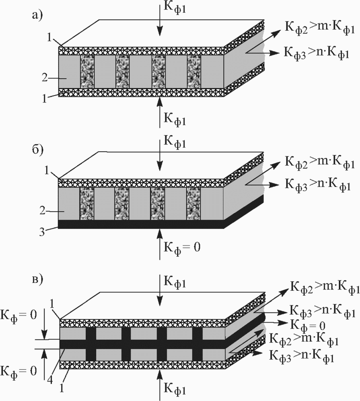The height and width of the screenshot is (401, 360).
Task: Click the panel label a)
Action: click(x=37, y=16)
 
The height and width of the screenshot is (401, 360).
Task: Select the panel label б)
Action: click(x=37, y=149)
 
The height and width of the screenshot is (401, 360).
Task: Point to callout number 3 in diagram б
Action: click(x=43, y=232)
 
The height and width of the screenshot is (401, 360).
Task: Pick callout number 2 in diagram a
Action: click(x=45, y=78)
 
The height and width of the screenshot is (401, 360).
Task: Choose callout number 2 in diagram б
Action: click(x=43, y=211)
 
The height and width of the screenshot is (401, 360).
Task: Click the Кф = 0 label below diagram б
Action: click(x=182, y=247)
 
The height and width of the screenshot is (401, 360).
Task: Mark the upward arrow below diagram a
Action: click(x=160, y=112)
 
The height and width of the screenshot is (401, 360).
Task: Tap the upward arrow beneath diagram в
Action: click(x=160, y=384)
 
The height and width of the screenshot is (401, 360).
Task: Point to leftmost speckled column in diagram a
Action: click(x=88, y=72)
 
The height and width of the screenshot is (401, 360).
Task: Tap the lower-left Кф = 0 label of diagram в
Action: click(x=19, y=372)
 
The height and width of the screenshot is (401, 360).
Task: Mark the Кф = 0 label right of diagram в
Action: click(x=308, y=326)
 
